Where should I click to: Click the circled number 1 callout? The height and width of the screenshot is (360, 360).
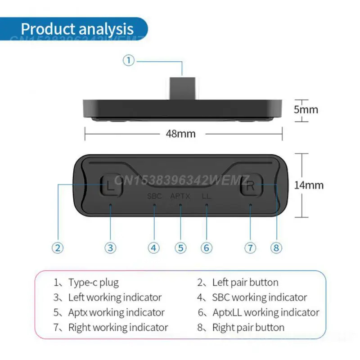tap(129, 60)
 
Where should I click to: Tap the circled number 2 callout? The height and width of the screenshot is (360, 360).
tap(58, 247)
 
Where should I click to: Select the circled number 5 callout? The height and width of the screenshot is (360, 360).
tap(180, 247)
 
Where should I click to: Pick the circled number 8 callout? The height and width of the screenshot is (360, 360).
tap(276, 247)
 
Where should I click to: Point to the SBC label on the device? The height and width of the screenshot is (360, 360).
tap(154, 196)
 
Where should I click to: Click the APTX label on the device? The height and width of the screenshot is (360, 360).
tap(180, 196)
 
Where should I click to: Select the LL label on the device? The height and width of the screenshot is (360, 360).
tap(207, 196)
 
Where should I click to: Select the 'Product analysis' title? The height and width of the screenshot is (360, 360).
tap(77, 29)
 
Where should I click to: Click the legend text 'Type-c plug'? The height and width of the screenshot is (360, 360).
tap(93, 283)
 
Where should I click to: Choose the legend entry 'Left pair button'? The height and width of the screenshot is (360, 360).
tap(245, 283)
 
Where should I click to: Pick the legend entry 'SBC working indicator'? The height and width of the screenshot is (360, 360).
tap(259, 297)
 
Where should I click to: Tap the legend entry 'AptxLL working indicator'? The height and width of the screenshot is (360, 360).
tap(265, 312)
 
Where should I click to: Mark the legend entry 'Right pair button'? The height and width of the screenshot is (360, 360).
tap(248, 327)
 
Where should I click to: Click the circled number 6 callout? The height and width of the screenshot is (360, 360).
tap(207, 247)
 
